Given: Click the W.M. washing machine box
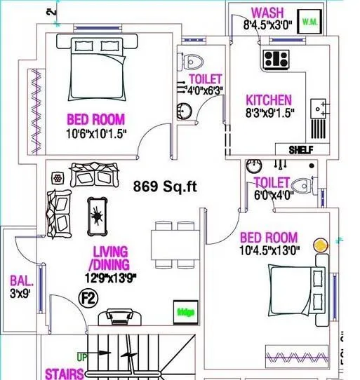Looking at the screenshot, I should (309, 22).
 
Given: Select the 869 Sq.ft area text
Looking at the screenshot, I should (167, 187).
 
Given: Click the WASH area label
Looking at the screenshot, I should (267, 13).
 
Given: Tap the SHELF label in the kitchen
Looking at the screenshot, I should (300, 149).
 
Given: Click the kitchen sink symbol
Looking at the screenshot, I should (320, 109).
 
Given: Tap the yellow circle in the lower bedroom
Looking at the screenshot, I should (321, 245).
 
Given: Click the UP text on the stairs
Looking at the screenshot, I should (82, 358).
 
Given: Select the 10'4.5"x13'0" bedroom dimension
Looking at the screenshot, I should (268, 251).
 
